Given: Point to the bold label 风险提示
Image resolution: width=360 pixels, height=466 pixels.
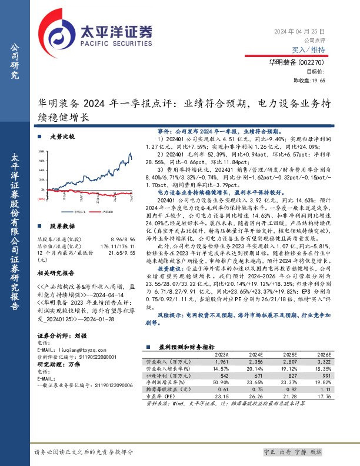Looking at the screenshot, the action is (x=172, y=315).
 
